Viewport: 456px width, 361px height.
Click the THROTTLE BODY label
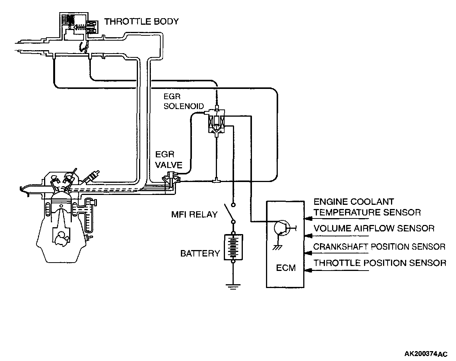point(141,22)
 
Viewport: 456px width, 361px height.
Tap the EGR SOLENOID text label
point(184,101)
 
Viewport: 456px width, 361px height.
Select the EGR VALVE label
point(169,160)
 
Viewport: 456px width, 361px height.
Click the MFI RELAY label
point(194,215)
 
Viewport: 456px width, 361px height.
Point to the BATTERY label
point(200,253)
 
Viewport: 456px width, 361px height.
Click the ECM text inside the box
point(286,268)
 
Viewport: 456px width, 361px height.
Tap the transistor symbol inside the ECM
point(284,228)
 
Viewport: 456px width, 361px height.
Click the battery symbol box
point(233,247)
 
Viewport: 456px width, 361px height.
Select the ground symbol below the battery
point(233,287)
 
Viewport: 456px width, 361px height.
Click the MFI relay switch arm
point(229,213)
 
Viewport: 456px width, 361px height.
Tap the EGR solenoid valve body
point(216,122)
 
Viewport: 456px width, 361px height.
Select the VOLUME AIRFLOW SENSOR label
point(374,228)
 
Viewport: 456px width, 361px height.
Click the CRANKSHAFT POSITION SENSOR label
point(379,247)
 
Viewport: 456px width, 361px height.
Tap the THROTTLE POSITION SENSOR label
point(380,263)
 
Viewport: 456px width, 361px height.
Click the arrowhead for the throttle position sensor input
point(308,270)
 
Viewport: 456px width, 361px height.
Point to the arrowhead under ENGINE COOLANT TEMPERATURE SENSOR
point(308,218)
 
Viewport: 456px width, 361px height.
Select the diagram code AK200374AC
point(426,354)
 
